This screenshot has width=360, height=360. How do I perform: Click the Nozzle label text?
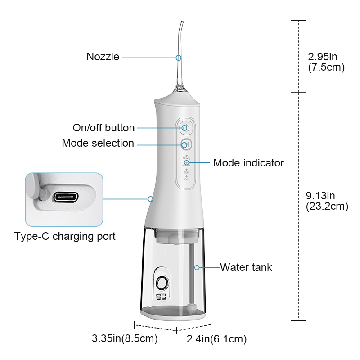(x=103, y=57)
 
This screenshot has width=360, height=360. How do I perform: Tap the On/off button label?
(x=103, y=128)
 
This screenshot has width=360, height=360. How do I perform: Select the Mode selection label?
(x=98, y=144)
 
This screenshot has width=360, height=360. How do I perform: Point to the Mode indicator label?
(x=248, y=162)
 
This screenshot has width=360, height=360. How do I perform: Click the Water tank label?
(x=246, y=267)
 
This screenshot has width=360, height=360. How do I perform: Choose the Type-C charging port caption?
(x=65, y=236)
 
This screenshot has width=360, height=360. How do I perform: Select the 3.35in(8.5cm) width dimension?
(x=125, y=338)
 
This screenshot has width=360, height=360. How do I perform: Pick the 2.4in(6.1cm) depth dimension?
(x=217, y=339)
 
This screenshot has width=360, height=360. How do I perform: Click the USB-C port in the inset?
(x=66, y=197)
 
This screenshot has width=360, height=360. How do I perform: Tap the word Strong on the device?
(x=186, y=159)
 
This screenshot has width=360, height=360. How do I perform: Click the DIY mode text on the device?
(x=186, y=179)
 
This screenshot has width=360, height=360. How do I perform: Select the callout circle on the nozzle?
(x=179, y=58)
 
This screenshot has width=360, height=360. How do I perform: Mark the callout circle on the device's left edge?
(x=151, y=198)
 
